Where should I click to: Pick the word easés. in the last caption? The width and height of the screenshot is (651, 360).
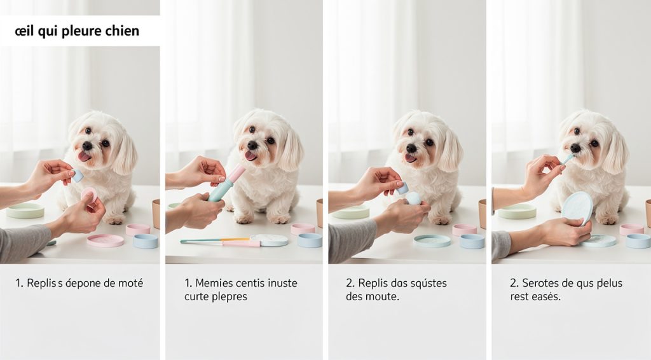coord(545,297)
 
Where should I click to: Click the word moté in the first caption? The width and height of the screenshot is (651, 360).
coord(128,283)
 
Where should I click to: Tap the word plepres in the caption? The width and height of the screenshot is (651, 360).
coord(226,297)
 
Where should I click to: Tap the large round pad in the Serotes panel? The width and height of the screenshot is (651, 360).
coord(577,207)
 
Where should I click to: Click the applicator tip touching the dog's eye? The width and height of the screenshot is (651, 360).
coord(567,158)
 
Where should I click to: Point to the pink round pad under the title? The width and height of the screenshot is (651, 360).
coord(89,195)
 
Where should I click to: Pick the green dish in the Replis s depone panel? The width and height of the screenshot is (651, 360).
coord(25,211)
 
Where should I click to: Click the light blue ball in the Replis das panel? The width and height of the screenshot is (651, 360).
coord(413,198)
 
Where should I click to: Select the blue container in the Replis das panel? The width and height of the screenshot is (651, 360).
coord(472,241)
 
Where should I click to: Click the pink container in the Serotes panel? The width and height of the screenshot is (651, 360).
coord(631,229)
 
